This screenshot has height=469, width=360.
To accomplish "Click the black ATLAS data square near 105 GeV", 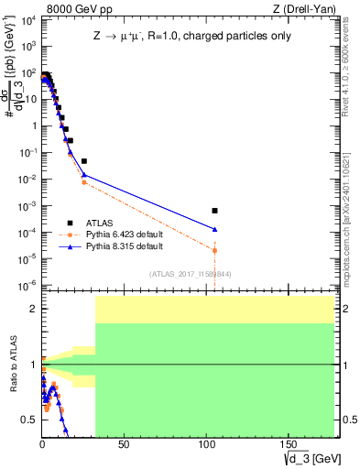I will pyautogui.click(x=214, y=211).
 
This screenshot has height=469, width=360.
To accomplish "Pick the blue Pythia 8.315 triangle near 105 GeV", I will pyautogui.click(x=214, y=229).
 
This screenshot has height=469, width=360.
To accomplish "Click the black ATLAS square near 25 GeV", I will pyautogui.click(x=83, y=160).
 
